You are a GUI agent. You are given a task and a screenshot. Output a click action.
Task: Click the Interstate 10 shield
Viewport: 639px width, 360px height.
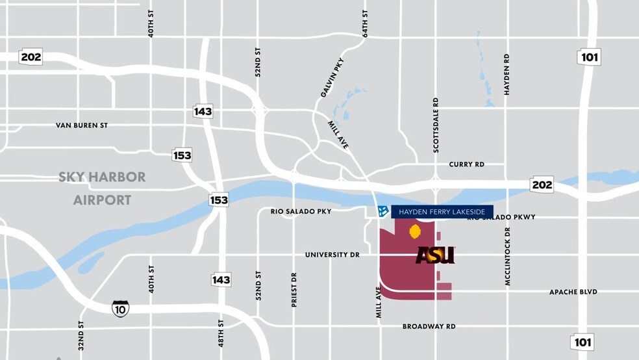coord(120,307)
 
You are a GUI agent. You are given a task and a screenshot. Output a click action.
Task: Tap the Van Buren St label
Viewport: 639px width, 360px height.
coord(81,125)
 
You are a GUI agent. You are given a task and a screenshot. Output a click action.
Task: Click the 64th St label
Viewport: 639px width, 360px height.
coord(366,23)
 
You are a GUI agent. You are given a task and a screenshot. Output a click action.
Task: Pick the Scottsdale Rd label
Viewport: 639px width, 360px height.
coord(436,125)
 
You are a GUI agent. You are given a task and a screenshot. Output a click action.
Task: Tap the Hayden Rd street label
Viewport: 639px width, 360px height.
coord(507,75)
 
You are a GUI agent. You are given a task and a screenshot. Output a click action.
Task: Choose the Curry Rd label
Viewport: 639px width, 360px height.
coord(466,164)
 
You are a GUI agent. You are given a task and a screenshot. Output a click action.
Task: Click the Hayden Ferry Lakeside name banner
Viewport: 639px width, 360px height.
coord(442,211)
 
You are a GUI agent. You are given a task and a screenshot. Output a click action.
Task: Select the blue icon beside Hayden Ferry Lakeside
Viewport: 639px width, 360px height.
coord(383,211)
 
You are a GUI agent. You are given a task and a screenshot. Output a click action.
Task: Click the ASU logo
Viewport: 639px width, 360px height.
coord(435,255)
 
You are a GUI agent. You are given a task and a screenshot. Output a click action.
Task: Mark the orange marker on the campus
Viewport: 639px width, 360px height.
coord(414,231)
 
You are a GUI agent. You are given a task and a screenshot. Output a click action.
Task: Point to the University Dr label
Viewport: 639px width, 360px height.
coord(332,255)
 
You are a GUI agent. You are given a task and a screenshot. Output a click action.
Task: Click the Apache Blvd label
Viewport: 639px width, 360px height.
coord(573,292)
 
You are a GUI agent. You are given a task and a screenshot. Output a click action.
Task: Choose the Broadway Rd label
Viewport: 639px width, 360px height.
coord(429,326)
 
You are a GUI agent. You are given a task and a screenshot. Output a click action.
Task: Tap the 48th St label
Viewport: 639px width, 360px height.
coord(221,333)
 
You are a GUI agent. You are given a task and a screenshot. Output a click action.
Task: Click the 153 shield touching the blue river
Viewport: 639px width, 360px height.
coord(219,199)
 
